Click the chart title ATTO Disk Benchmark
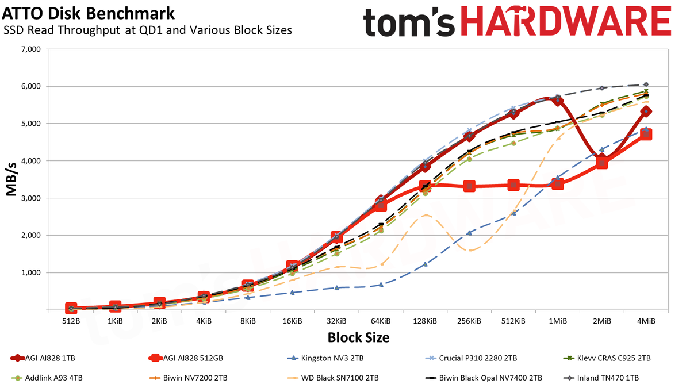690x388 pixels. (x=89, y=14)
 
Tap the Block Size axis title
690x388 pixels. (x=358, y=337)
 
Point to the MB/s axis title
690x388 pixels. (x=11, y=179)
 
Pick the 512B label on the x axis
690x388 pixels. (x=71, y=321)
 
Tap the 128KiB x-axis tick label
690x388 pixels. (x=425, y=321)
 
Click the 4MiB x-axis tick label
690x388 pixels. (x=646, y=321)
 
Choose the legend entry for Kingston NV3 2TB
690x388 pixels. (x=325, y=358)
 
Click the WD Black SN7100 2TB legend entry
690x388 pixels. (x=333, y=378)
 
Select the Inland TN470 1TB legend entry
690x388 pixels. (x=601, y=378)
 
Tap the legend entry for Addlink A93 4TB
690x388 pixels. (x=47, y=378)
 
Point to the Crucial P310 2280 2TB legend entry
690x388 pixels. (x=471, y=358)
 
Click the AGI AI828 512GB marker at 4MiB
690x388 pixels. (x=646, y=135)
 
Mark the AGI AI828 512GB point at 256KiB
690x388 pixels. (x=469, y=186)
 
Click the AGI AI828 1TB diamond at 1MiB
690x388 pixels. (x=558, y=101)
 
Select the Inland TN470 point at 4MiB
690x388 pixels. (x=646, y=84)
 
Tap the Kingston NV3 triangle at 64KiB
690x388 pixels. (x=381, y=285)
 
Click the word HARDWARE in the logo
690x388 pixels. (x=566, y=21)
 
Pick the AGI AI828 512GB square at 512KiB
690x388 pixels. (x=513, y=185)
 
